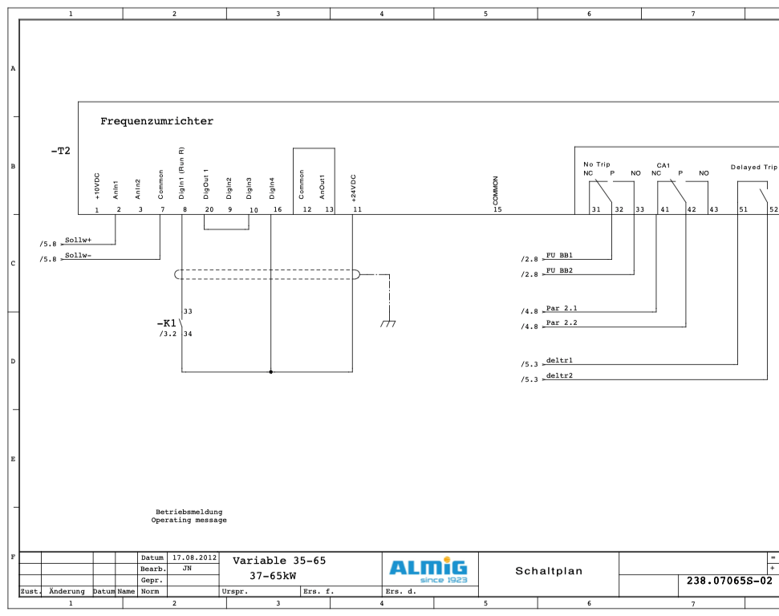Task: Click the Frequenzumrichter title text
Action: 156,122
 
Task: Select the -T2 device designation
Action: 60,151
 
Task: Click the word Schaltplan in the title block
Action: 549,572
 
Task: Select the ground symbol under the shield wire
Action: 388,322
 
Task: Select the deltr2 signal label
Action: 559,375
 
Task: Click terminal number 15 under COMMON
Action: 497,209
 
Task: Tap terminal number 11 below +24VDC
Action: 358,209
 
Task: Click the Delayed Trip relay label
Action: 753,168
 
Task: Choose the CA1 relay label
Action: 663,165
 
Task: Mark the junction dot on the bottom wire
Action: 271,372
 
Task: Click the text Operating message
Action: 189,521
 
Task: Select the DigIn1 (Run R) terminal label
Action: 182,172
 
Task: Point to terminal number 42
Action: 692,209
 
